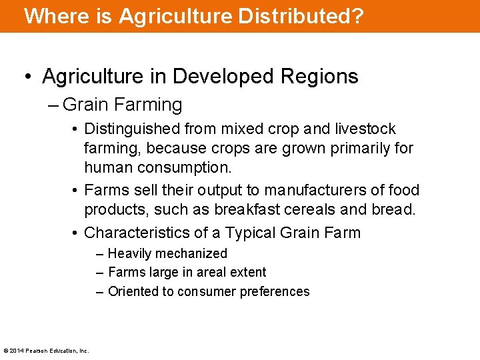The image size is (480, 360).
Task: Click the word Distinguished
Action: pos(132,129)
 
